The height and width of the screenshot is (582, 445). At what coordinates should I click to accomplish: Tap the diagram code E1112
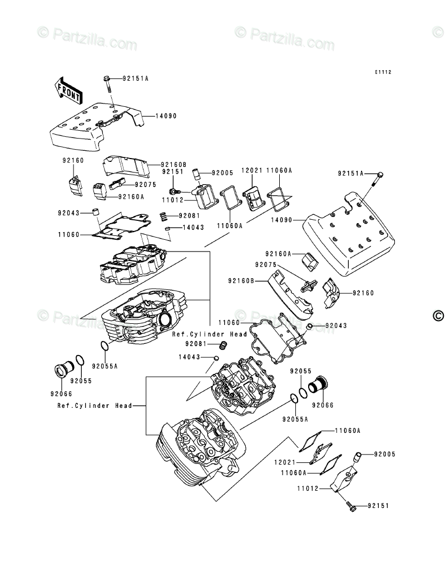coord(383,72)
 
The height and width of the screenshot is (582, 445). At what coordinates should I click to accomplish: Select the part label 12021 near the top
coord(252,170)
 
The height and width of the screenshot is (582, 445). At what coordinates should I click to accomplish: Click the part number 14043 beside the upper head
coord(194,228)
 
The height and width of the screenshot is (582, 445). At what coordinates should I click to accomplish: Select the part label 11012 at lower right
coord(308,489)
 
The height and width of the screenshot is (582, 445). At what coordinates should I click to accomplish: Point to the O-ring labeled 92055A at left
coord(105,346)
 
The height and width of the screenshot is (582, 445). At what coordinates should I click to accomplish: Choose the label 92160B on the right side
coord(241,281)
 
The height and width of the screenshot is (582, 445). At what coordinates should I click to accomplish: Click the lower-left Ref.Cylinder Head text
coord(95,406)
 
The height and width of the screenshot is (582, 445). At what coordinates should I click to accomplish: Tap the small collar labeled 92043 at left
coord(96,213)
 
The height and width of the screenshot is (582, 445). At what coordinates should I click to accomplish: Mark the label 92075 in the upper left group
coord(146,185)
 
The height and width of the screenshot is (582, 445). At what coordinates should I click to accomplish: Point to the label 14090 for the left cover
coord(166,116)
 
